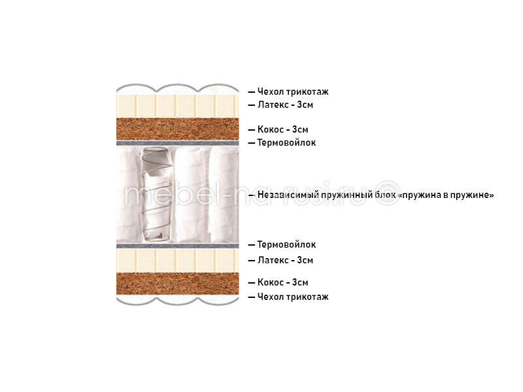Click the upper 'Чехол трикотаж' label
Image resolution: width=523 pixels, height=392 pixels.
pyautogui.click(x=293, y=91)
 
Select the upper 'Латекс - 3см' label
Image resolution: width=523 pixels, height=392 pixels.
pyautogui.click(x=285, y=105)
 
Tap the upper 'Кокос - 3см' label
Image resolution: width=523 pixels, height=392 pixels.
pyautogui.click(x=282, y=129)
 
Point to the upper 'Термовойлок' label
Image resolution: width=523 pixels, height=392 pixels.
pyautogui.click(x=286, y=142)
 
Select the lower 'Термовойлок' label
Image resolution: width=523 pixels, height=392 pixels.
pyautogui.click(x=286, y=244)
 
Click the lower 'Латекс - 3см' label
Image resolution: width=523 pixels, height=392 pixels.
pyautogui.click(x=285, y=260)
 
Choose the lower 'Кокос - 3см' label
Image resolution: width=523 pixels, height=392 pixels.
pyautogui.click(x=282, y=282)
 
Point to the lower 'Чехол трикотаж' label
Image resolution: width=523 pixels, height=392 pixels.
pyautogui.click(x=293, y=297)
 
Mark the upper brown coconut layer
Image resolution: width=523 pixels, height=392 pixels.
pyautogui.click(x=177, y=129)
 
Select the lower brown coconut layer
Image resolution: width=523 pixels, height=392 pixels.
pyautogui.click(x=177, y=284)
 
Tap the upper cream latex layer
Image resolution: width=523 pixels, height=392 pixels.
pyautogui.click(x=177, y=106)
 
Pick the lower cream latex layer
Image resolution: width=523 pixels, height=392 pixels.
pyautogui.click(x=177, y=260)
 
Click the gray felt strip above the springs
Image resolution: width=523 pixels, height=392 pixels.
pyautogui.click(x=177, y=143)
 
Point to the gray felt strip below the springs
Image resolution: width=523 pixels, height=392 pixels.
pyautogui.click(x=177, y=246)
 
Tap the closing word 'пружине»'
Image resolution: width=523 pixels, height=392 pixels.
pyautogui.click(x=472, y=195)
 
